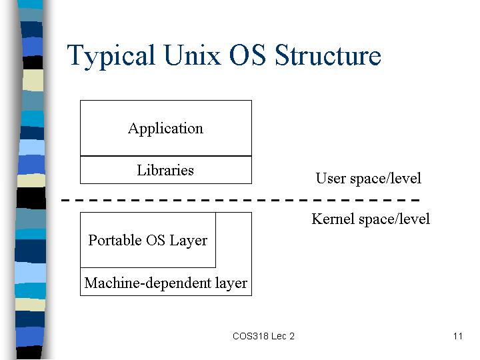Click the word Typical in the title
coord(111,56)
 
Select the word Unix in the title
coord(192,55)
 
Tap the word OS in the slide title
coord(247,55)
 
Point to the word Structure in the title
coord(328,55)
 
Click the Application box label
coord(165,129)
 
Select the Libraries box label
coord(165,170)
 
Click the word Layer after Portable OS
coord(188,241)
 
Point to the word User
coord(331,178)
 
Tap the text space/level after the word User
coord(386,179)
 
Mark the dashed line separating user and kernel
coord(240,200)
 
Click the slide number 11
coord(458,336)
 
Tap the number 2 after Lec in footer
coord(292,336)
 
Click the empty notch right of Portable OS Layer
coord(233,240)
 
